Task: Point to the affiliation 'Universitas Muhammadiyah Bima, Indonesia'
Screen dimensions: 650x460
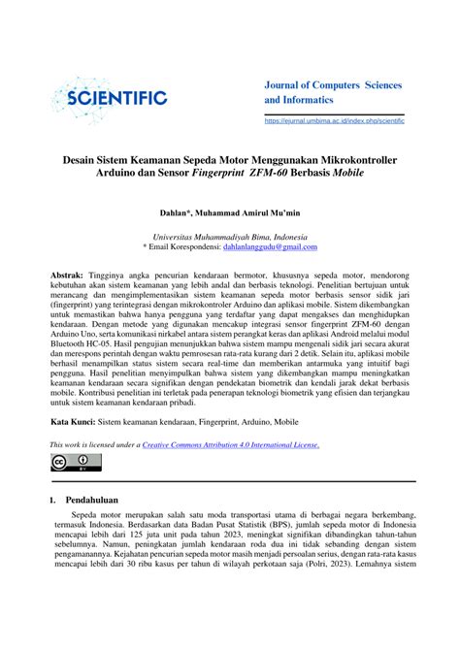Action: (x=230, y=236)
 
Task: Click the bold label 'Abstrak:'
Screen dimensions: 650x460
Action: (x=72, y=276)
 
